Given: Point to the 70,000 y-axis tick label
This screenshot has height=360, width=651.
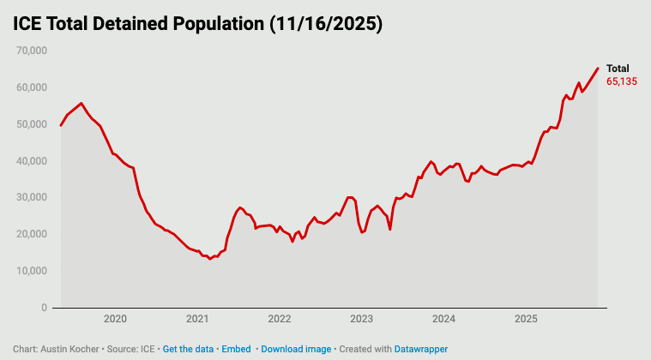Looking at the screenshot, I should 30,51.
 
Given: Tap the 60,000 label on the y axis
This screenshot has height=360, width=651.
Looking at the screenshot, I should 30,87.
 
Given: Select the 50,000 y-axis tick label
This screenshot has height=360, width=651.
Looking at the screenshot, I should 30,124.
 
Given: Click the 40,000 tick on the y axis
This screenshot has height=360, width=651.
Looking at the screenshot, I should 30,161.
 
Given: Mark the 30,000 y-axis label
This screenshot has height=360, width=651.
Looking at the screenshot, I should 30,197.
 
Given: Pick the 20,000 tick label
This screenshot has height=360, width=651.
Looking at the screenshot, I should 30,234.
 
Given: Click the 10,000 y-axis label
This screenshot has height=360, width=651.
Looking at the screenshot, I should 30,271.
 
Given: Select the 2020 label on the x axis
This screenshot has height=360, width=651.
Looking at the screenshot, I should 115,320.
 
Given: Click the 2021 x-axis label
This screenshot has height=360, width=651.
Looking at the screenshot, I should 197,320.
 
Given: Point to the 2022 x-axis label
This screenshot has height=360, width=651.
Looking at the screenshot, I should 280,320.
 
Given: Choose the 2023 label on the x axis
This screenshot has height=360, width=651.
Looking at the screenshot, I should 361,320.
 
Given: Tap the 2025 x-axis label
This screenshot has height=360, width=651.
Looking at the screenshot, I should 526,320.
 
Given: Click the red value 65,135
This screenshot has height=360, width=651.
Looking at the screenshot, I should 622,81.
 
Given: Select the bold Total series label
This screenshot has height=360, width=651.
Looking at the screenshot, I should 618,69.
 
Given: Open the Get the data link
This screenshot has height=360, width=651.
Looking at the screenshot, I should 188,350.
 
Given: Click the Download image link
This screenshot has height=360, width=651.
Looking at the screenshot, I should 296,350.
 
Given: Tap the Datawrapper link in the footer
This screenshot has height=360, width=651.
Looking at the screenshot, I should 420,350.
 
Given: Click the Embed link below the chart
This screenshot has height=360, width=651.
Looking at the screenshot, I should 236,350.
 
